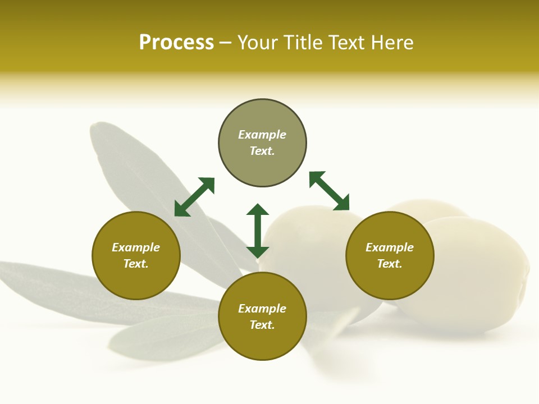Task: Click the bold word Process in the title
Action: coord(176,43)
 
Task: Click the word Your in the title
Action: coord(257,43)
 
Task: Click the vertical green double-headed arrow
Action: coord(258,231)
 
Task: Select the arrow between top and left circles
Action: coord(194,197)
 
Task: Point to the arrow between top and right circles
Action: coord(329,191)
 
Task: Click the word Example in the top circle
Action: coord(262,135)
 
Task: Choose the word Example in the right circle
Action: coord(390,247)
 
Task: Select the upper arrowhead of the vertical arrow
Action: coord(258,210)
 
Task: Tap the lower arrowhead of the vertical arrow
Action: coord(258,252)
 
